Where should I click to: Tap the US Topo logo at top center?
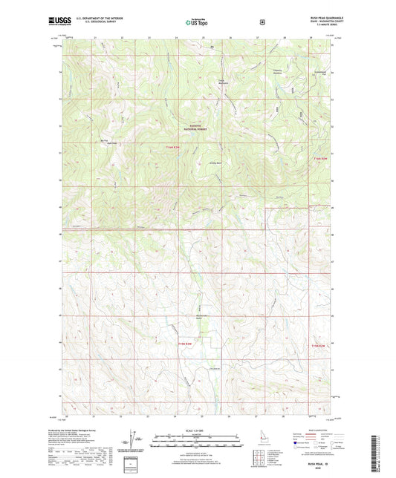(x=197, y=22)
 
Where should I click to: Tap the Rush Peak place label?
(x=112, y=143)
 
